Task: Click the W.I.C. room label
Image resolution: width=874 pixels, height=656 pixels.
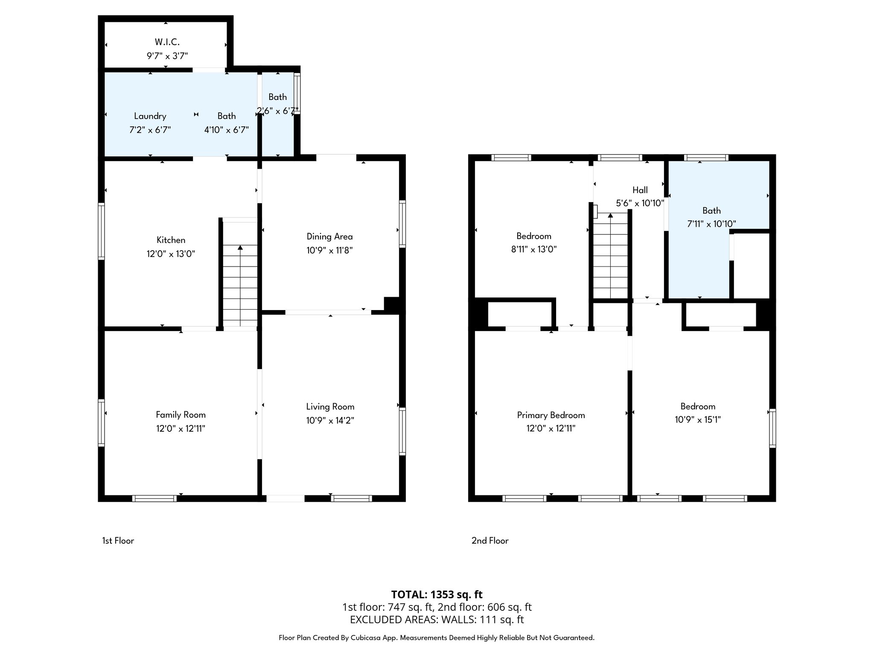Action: coord(167,42)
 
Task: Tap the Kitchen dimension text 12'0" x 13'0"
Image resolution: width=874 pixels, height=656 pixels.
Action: coord(171,254)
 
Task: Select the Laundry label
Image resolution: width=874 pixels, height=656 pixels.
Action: coord(150,116)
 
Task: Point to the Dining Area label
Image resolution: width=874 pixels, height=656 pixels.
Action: coord(329,236)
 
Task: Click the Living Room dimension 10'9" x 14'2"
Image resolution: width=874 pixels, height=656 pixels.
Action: coord(330,420)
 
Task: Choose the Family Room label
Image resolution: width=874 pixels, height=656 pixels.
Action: coord(181,414)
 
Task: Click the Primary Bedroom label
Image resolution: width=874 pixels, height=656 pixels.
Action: coord(551,415)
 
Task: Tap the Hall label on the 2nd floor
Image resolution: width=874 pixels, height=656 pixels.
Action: coord(640,190)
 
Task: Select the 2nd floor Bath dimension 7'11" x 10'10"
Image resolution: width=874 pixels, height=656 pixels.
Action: coord(711,223)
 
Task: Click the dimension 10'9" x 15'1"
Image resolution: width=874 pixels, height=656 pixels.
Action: coord(697,419)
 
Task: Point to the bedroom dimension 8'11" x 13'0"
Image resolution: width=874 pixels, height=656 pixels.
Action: coord(533,249)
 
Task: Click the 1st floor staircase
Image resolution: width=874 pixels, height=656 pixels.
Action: coord(240,284)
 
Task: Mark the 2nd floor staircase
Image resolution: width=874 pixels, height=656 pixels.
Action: coord(610,256)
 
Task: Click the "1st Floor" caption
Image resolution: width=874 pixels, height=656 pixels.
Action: coord(118,541)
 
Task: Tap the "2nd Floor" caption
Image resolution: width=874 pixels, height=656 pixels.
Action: coord(489,541)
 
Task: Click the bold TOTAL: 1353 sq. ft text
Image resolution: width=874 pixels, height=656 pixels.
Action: coord(437,594)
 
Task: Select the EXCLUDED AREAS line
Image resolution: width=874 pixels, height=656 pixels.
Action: coord(437,619)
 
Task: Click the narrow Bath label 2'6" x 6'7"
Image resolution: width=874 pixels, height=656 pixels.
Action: coord(277,104)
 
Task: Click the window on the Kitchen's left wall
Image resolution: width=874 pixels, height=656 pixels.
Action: coord(101,231)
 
